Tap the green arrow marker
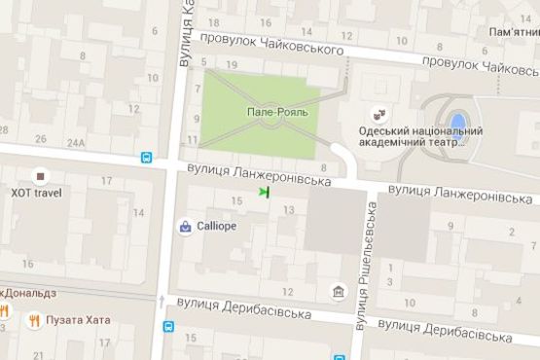coord(264,193)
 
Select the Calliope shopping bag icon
coord(185,227)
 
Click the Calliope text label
coord(217,226)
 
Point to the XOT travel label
coord(36,192)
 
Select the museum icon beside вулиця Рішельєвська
coord(337,291)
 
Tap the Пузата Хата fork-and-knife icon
coord(34,319)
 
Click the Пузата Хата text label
coord(82,319)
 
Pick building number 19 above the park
coord(231,65)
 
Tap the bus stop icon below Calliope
coord(169,328)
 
